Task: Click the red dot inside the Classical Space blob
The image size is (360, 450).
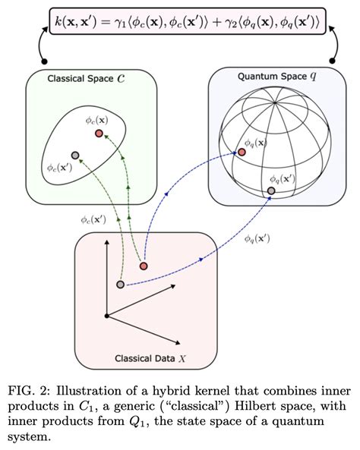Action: [99, 134]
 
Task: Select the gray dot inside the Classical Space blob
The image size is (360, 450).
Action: [74, 156]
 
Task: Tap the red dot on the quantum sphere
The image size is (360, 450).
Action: [242, 152]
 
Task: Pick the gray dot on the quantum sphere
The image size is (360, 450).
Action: [271, 190]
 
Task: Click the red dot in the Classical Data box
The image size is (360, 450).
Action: [143, 266]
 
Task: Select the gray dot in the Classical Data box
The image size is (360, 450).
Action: [120, 285]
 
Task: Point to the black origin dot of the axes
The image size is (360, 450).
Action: [106, 315]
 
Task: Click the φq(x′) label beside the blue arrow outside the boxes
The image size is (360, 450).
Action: [257, 238]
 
